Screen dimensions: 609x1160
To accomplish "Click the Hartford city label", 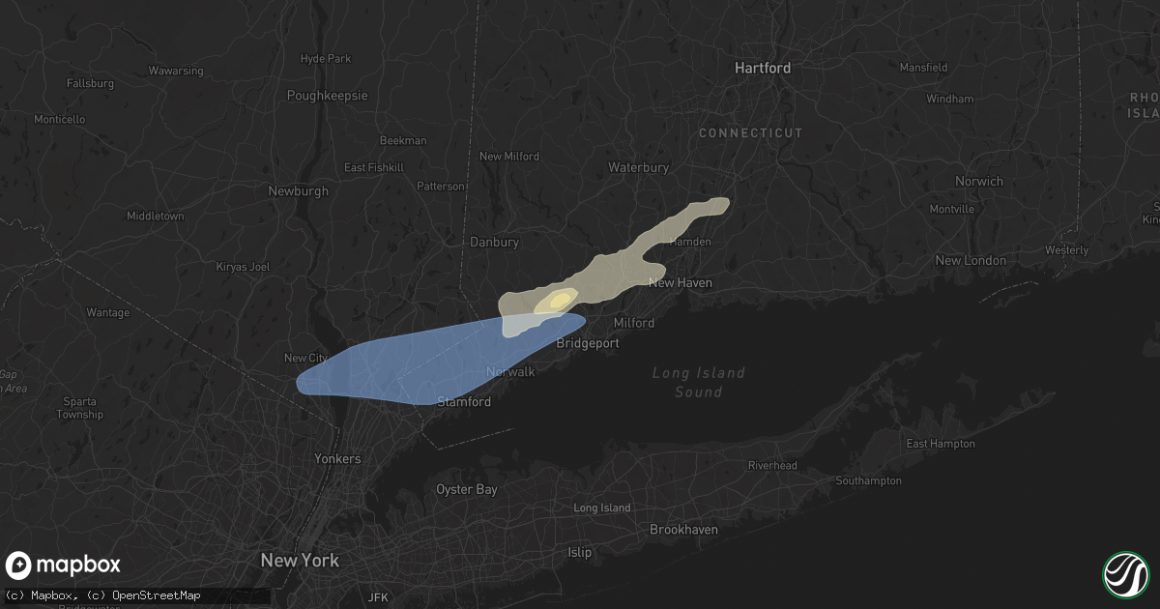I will pyautogui.click(x=762, y=68).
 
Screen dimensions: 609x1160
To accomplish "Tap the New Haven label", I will pyautogui.click(x=680, y=283).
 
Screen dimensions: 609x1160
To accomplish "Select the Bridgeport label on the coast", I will pyautogui.click(x=588, y=343).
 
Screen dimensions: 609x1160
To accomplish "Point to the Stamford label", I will pyautogui.click(x=464, y=402).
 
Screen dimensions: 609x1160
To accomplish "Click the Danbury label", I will pyautogui.click(x=494, y=242).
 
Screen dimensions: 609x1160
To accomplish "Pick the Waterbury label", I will pyautogui.click(x=638, y=167).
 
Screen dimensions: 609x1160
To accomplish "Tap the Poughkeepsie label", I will pyautogui.click(x=328, y=96).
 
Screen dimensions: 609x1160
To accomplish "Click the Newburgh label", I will pyautogui.click(x=298, y=191).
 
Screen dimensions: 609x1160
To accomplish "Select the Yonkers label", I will pyautogui.click(x=337, y=459).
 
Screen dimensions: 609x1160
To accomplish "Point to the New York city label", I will pyautogui.click(x=300, y=561).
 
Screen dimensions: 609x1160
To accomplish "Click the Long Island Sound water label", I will pyautogui.click(x=698, y=382).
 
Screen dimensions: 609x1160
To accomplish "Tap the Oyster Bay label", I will pyautogui.click(x=466, y=489).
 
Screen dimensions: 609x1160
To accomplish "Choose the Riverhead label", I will pyautogui.click(x=772, y=465).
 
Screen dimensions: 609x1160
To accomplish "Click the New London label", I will pyautogui.click(x=970, y=261).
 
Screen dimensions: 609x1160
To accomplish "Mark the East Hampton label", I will pyautogui.click(x=940, y=444).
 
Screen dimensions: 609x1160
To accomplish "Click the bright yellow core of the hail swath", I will pyautogui.click(x=558, y=302).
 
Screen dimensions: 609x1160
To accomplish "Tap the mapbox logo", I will pyautogui.click(x=63, y=565).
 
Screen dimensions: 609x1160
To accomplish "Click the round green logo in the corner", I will pyautogui.click(x=1125, y=574).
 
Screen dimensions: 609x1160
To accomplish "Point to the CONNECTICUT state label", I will pyautogui.click(x=750, y=133).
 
